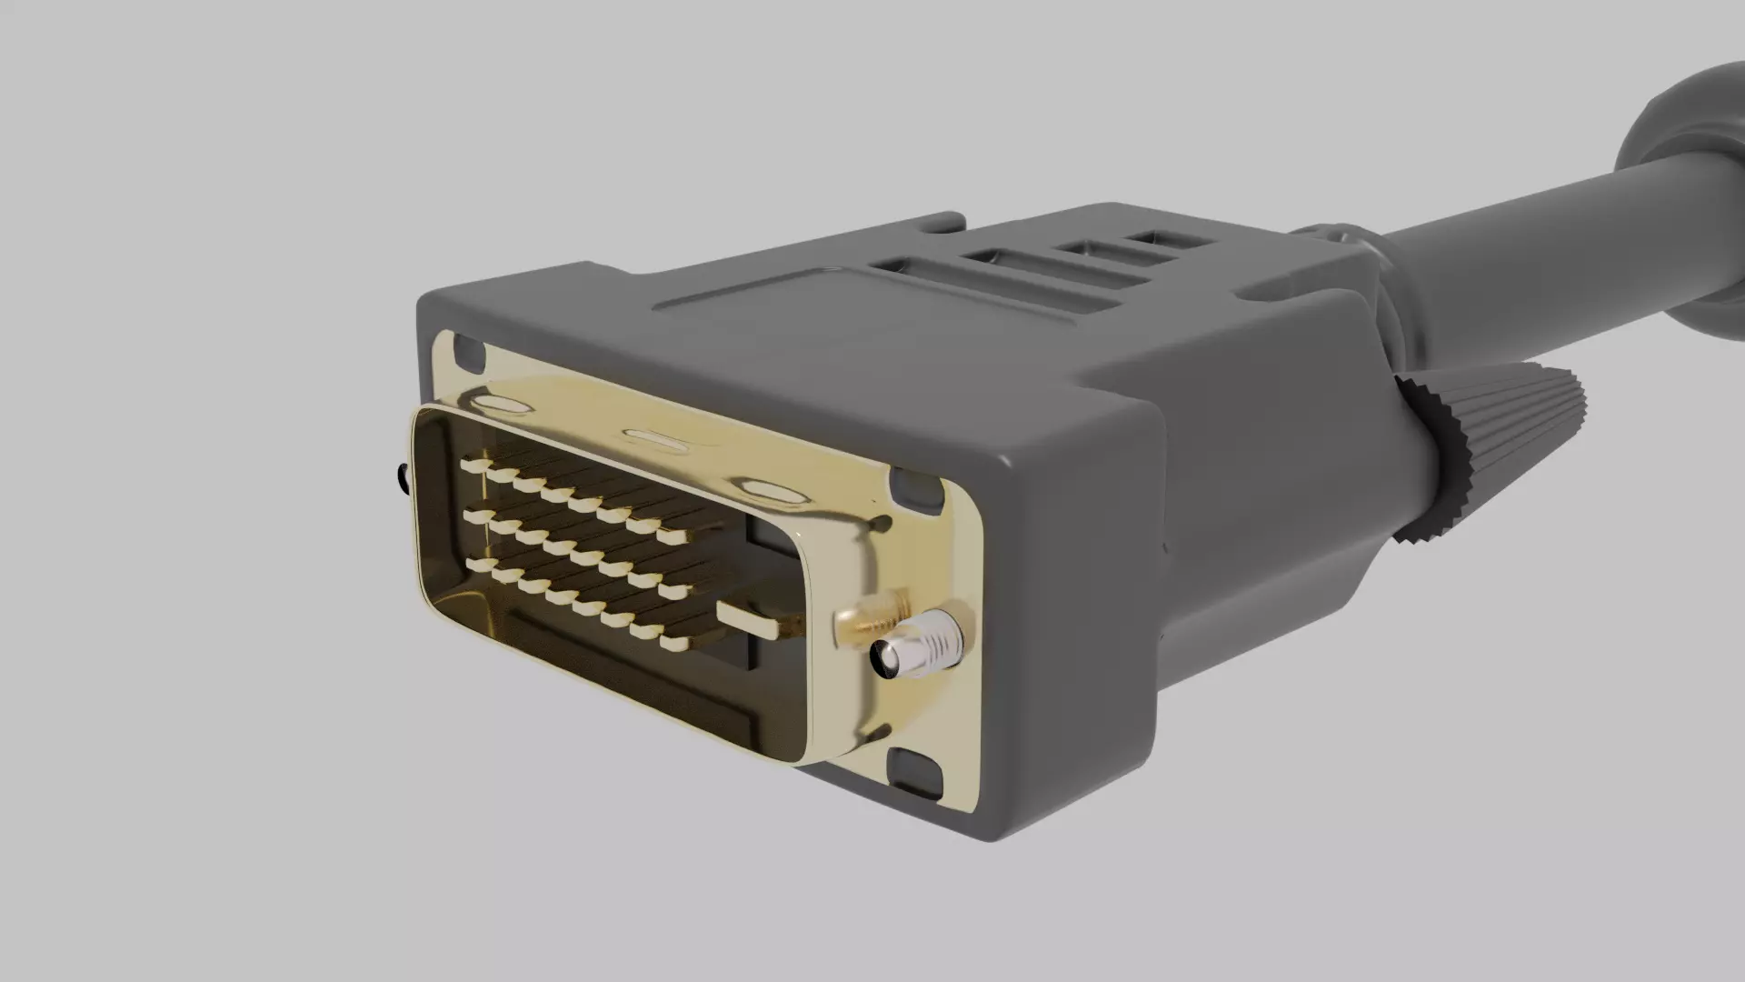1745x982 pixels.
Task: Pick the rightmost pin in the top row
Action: pyautogui.click(x=673, y=536)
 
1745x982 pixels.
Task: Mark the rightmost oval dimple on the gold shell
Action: pyautogui.click(x=773, y=492)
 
